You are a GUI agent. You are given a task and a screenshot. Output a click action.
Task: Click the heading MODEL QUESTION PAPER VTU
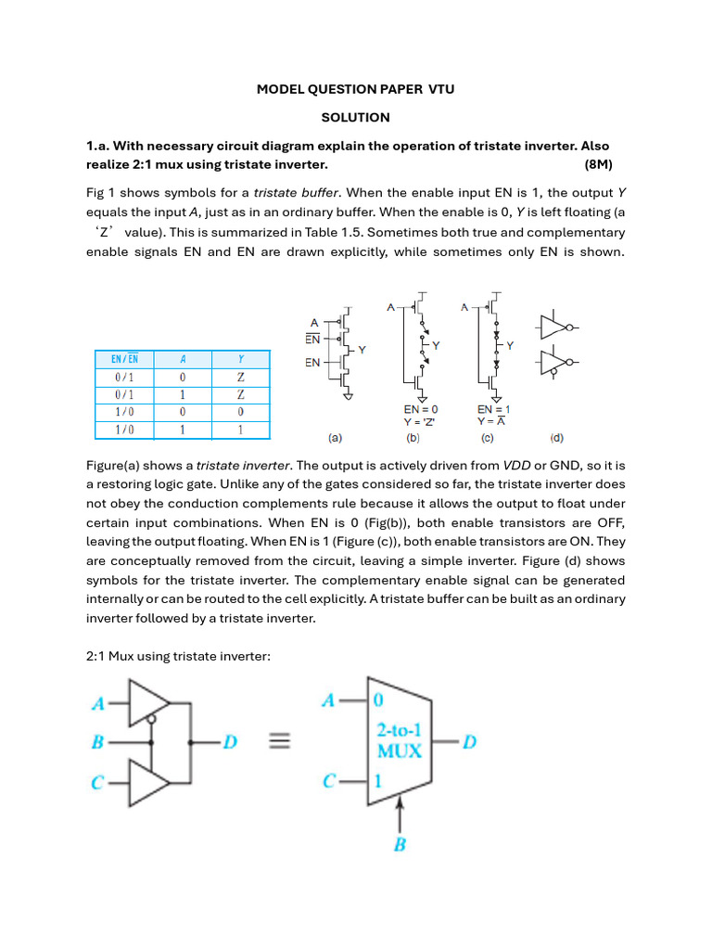(355, 89)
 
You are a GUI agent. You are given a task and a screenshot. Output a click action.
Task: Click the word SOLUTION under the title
(355, 118)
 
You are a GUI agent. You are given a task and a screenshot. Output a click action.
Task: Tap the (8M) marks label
(604, 164)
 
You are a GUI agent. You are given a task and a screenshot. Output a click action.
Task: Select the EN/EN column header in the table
(125, 359)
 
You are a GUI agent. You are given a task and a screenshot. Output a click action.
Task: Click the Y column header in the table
(240, 359)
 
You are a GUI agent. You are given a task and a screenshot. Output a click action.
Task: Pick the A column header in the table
(183, 359)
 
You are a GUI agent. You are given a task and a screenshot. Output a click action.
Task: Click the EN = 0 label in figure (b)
(421, 408)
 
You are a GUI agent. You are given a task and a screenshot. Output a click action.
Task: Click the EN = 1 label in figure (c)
(494, 408)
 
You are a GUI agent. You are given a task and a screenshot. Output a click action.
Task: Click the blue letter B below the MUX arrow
(400, 845)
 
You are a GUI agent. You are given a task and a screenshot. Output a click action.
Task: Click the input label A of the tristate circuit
(96, 703)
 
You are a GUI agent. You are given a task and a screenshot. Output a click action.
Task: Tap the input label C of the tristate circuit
(96, 783)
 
